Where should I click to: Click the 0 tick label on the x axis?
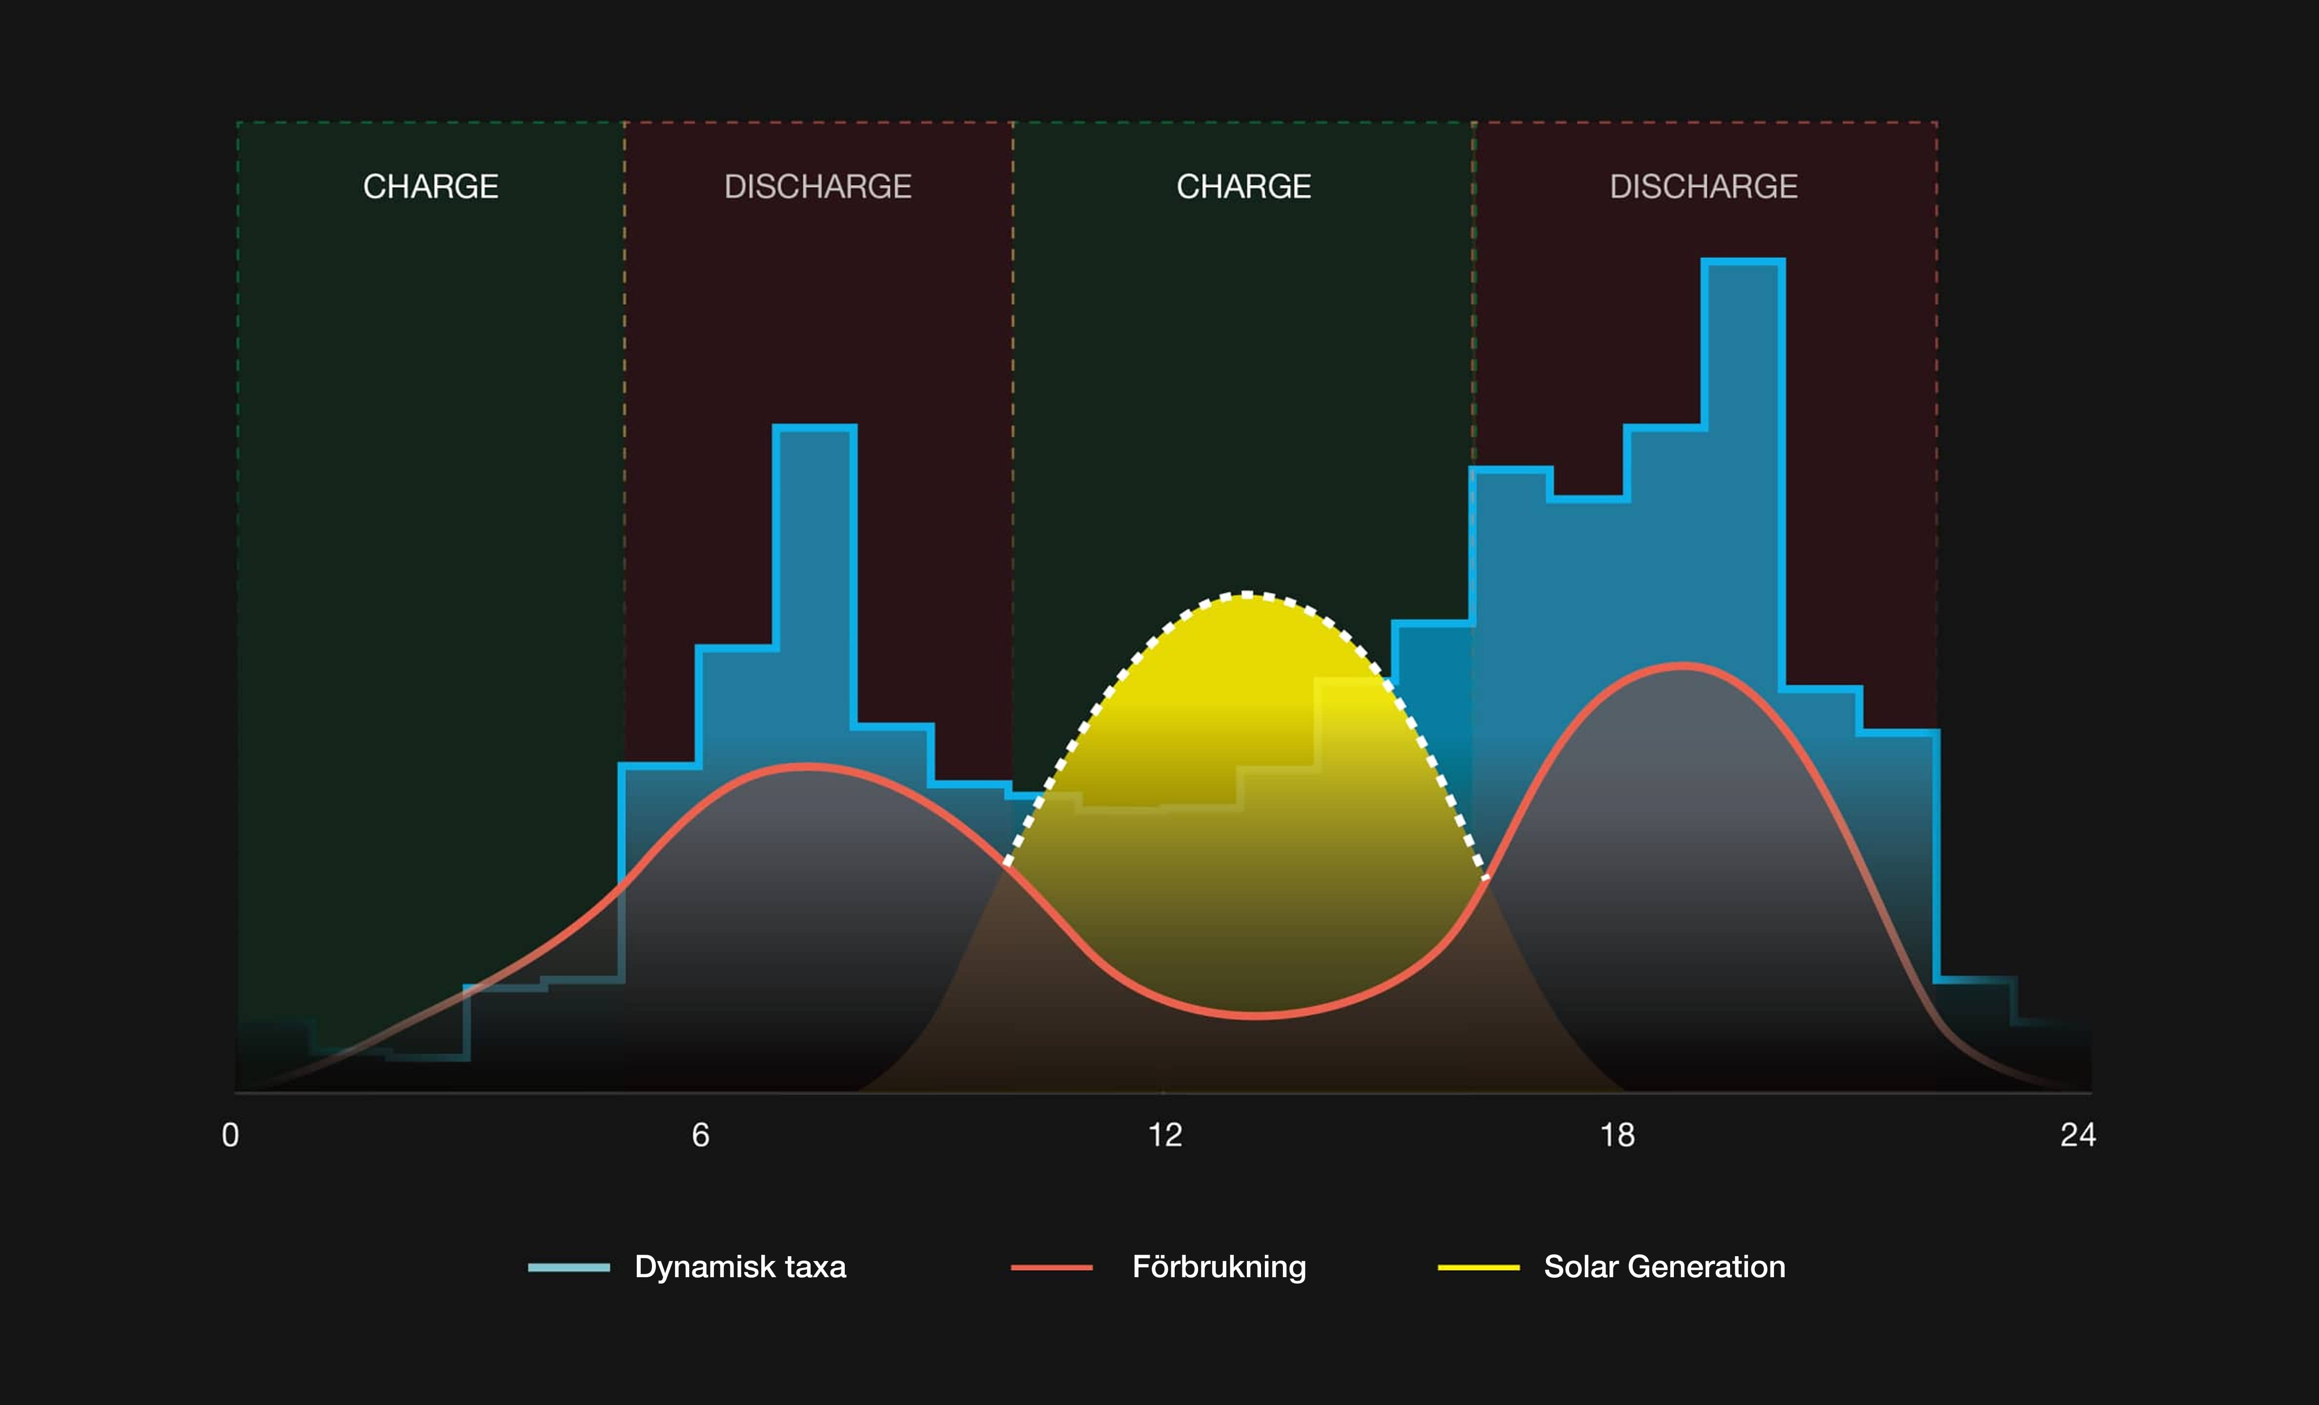click(230, 1135)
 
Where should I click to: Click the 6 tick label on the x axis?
click(700, 1135)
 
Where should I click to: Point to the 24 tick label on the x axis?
click(2077, 1135)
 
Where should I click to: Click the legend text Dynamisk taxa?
click(740, 1266)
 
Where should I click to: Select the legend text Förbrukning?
click(1219, 1266)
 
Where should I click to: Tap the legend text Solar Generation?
click(1664, 1266)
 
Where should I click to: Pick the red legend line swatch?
click(1051, 1267)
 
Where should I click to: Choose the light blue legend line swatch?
click(569, 1267)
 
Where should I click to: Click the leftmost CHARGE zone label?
click(431, 186)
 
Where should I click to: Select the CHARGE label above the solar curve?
click(1243, 186)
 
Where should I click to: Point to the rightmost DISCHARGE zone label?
click(1704, 186)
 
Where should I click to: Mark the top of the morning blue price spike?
click(814, 428)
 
